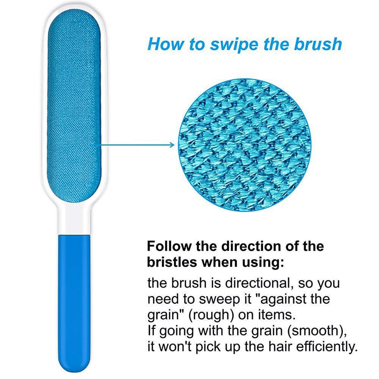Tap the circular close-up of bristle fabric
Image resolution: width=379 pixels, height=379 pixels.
(244, 145)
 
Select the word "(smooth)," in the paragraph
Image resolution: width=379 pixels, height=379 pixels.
(317, 331)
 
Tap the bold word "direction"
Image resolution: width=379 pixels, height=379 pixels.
(252, 246)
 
